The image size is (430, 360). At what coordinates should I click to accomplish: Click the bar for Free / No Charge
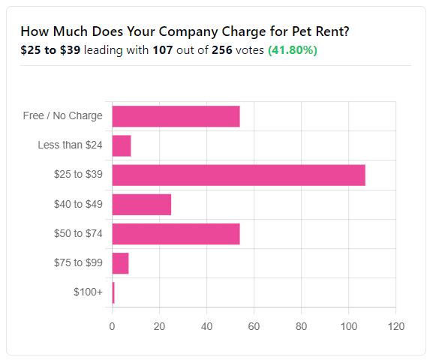pyautogui.click(x=176, y=116)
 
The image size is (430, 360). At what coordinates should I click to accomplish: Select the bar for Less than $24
pyautogui.click(x=122, y=145)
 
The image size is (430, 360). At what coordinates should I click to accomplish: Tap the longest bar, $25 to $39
pyautogui.click(x=239, y=175)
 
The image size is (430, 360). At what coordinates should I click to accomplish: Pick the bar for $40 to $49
pyautogui.click(x=141, y=204)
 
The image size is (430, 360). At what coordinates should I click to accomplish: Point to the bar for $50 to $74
pyautogui.click(x=176, y=233)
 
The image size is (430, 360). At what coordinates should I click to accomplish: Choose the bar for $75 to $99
pyautogui.click(x=120, y=263)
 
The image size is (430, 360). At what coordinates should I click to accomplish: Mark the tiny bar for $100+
pyautogui.click(x=113, y=292)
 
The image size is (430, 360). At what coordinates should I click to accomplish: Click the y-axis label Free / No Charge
pyautogui.click(x=62, y=116)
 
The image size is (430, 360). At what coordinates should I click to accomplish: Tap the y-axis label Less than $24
pyautogui.click(x=70, y=145)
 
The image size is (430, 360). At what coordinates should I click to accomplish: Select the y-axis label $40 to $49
pyautogui.click(x=78, y=204)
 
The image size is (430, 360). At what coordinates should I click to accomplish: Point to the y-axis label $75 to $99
pyautogui.click(x=78, y=263)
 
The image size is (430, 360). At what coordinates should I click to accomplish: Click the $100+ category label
pyautogui.click(x=89, y=292)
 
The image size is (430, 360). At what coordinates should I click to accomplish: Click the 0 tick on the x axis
pyautogui.click(x=112, y=326)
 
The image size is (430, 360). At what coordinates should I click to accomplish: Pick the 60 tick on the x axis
pyautogui.click(x=254, y=326)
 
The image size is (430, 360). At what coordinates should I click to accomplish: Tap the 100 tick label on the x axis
pyautogui.click(x=348, y=326)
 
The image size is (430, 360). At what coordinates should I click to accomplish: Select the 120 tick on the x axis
pyautogui.click(x=395, y=326)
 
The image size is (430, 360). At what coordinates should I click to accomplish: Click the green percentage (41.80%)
pyautogui.click(x=293, y=50)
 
